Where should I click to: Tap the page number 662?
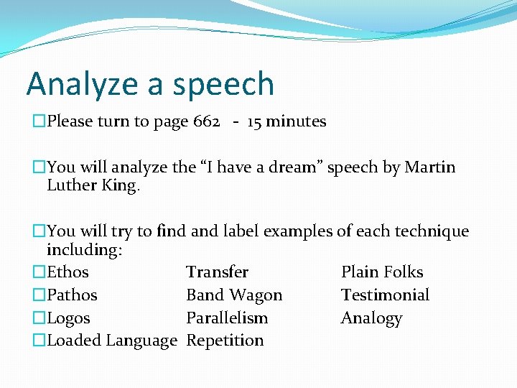pos(206,121)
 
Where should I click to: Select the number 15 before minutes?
pos(254,121)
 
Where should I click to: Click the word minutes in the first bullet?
pos(297,121)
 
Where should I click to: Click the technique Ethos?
pos(67,272)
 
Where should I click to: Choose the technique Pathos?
pos(72,295)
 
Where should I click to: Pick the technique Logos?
pos(68,318)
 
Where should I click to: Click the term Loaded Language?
pos(111,341)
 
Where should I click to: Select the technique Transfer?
pos(217,272)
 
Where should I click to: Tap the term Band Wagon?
pos(234,295)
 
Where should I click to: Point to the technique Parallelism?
pos(227,318)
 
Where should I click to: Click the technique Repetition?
pos(225,341)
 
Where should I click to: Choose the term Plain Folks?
pos(382,272)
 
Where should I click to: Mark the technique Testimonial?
pos(385,295)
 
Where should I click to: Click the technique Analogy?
pos(371,318)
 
